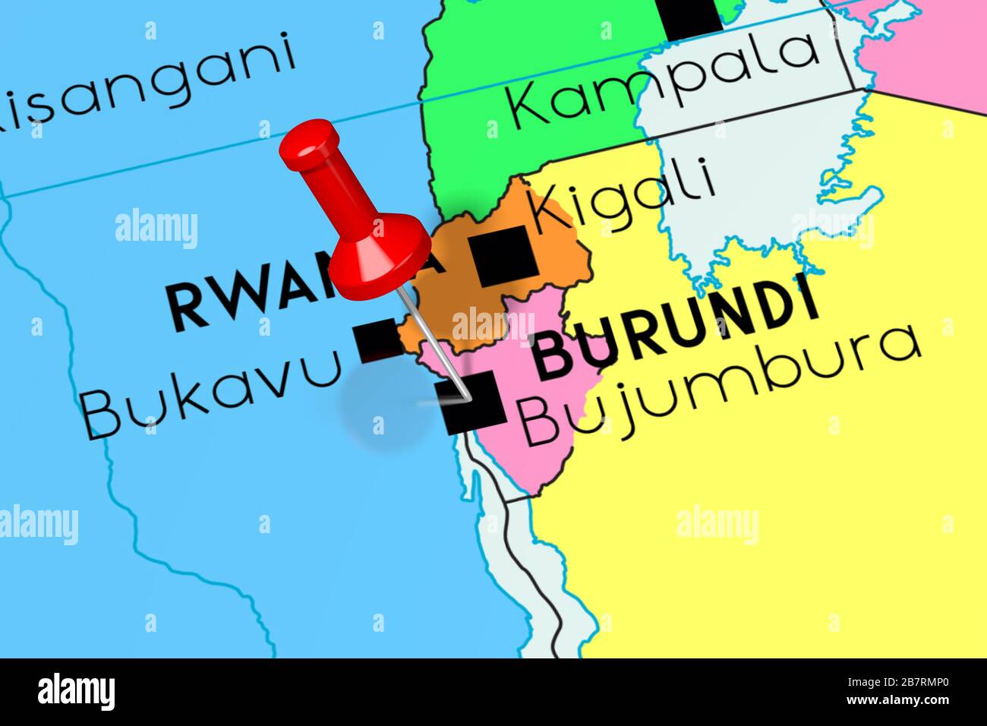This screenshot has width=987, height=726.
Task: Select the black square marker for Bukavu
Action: coord(378,340)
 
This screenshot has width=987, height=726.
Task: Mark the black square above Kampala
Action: coord(690,15)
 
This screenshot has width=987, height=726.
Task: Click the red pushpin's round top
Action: coord(309,146)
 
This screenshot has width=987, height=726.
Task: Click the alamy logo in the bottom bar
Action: coord(77,693)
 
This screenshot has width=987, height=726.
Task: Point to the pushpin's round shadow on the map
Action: coord(380,414)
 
